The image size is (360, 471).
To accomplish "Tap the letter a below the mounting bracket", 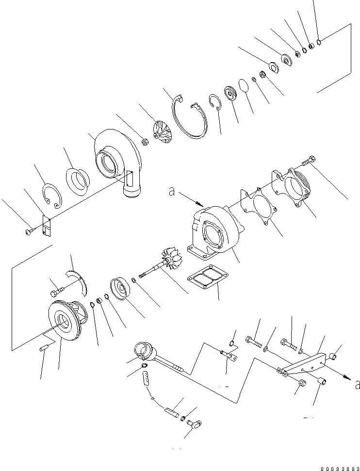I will click(x=357, y=385).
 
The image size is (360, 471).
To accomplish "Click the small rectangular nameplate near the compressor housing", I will click(x=46, y=227).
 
